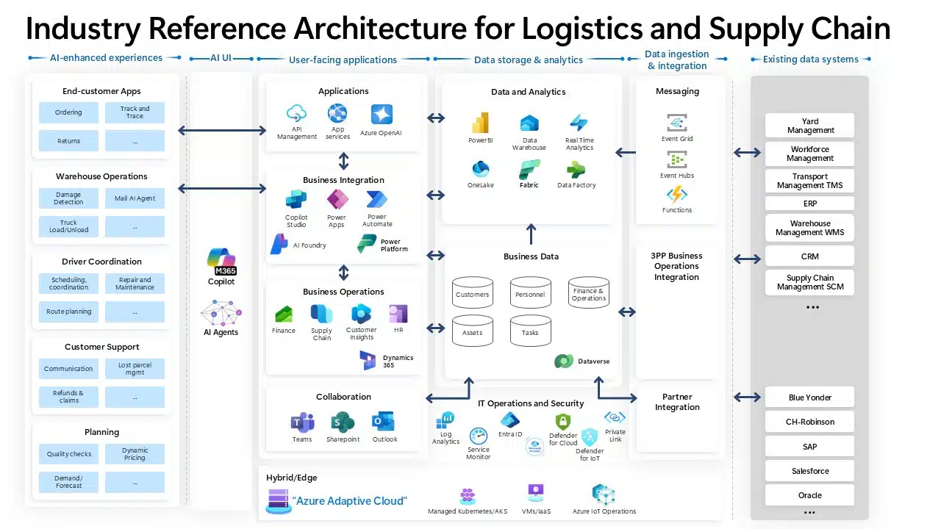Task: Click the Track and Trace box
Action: pos(135,112)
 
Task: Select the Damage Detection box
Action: pos(68,198)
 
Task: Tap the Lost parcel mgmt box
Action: pos(135,369)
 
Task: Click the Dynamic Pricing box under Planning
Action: pos(135,454)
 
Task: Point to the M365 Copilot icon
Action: pos(221,261)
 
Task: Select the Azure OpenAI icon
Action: pos(382,115)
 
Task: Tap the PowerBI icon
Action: pos(480,123)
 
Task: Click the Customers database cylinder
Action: pos(472,293)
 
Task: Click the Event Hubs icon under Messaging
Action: pos(677,159)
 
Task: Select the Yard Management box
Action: pos(810,126)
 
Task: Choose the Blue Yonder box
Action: pos(810,397)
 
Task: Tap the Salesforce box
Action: pos(810,471)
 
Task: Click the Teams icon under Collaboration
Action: pos(302,422)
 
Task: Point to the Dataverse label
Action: pos(593,361)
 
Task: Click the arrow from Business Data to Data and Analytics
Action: pos(531,234)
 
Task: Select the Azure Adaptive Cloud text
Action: pos(349,501)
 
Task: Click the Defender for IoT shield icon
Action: pos(590,438)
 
